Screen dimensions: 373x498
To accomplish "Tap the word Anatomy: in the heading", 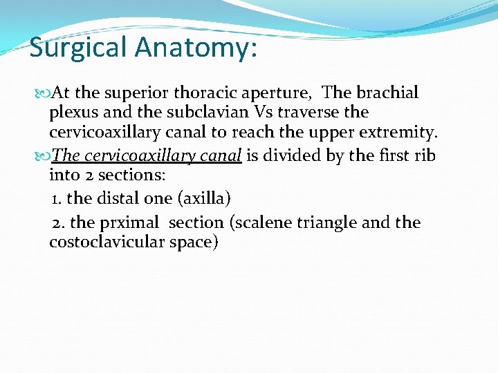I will tap(196, 48).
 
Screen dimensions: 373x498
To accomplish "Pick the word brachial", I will tap(389, 93).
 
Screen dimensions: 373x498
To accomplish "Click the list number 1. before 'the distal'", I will tap(57, 198).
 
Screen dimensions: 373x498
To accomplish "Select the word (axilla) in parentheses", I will tap(204, 199).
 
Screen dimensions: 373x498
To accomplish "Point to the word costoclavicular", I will tap(107, 242).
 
